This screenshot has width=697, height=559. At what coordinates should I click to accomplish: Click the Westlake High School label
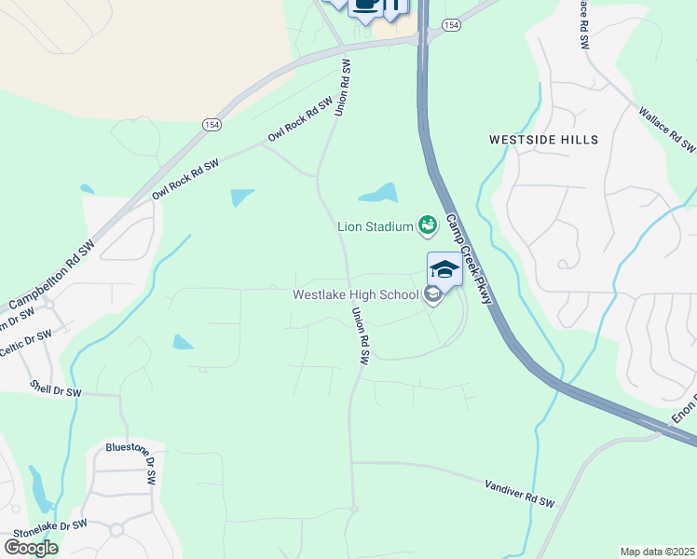pyautogui.click(x=355, y=295)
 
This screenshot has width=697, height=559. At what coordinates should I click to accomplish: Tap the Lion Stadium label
pyautogui.click(x=376, y=225)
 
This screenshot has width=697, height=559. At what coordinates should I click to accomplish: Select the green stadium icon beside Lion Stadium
pyautogui.click(x=428, y=224)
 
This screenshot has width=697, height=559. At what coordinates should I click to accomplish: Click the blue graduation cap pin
pyautogui.click(x=444, y=270)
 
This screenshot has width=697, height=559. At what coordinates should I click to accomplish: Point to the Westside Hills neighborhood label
pyautogui.click(x=544, y=140)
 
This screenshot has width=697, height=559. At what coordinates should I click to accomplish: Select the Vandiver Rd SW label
pyautogui.click(x=520, y=494)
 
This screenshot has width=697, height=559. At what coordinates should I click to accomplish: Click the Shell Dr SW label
pyautogui.click(x=56, y=389)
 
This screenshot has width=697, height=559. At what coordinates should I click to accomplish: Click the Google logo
pyautogui.click(x=31, y=547)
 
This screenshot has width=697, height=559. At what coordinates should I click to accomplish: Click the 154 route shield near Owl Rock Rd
pyautogui.click(x=212, y=122)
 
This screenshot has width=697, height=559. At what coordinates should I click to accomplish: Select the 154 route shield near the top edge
pyautogui.click(x=451, y=25)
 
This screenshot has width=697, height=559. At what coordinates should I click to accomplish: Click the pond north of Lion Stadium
pyautogui.click(x=378, y=193)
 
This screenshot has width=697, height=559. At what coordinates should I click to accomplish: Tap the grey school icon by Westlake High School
pyautogui.click(x=432, y=295)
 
